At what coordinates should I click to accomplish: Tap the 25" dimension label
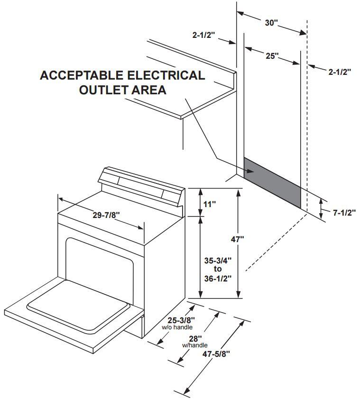pos(272,56)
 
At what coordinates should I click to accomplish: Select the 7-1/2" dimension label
pos(344,213)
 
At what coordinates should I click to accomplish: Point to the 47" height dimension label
pos(237,239)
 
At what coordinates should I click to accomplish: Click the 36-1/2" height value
pos(218,278)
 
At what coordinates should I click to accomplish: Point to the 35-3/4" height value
pos(218,260)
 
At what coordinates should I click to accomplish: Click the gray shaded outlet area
pos(272,182)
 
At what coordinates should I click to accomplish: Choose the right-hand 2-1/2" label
pos(339,72)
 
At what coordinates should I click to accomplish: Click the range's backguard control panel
pos(140,185)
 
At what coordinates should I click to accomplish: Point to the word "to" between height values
pos(218,269)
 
